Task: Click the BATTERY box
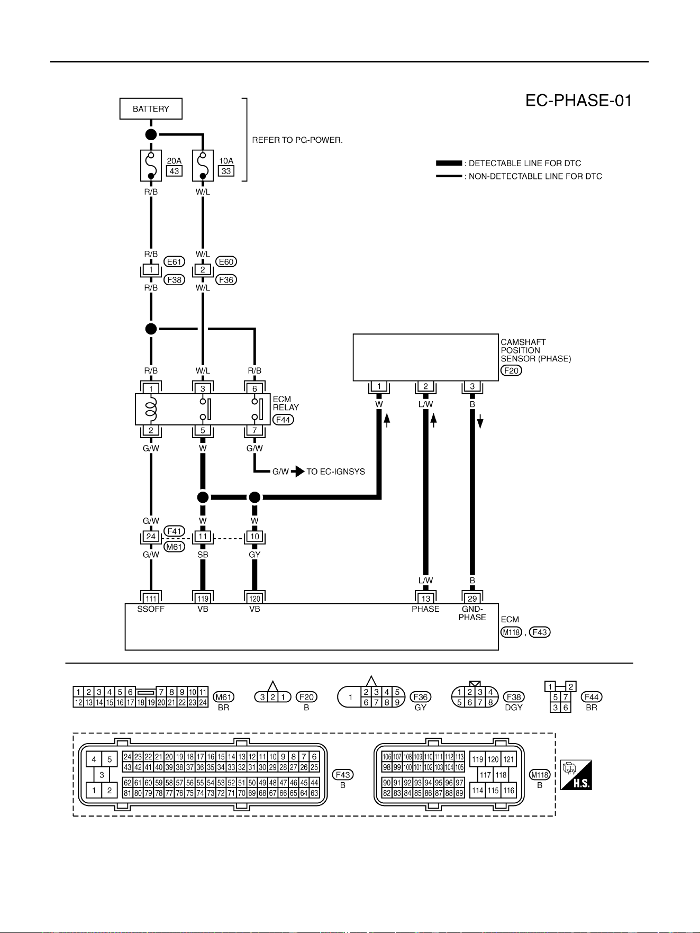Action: (151, 108)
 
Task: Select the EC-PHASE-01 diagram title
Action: (578, 101)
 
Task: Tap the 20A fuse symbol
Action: (151, 165)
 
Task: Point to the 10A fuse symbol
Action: (203, 165)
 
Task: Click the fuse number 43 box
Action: (174, 171)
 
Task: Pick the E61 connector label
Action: (174, 261)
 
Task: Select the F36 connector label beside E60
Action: (226, 279)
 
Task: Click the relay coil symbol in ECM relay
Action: (151, 409)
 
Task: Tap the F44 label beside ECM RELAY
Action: (284, 420)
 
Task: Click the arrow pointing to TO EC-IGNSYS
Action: (297, 472)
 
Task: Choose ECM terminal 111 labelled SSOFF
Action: (151, 598)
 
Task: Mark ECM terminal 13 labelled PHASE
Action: (425, 598)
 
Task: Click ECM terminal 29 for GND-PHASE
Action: (472, 598)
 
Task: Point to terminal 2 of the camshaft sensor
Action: (425, 386)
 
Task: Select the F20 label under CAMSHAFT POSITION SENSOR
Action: (511, 370)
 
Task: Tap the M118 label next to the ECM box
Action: (511, 632)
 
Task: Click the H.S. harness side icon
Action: (576, 775)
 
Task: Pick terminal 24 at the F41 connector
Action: (151, 537)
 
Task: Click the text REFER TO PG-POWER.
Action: (297, 140)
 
